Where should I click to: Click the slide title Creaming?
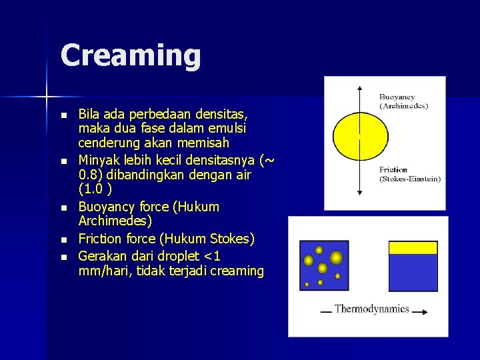[x=131, y=55]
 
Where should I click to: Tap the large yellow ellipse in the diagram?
[x=360, y=136]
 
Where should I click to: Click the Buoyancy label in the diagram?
[x=397, y=97]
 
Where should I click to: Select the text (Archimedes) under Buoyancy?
[x=403, y=105]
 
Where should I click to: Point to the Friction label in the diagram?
[x=393, y=170]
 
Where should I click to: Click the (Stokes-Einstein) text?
[x=409, y=179]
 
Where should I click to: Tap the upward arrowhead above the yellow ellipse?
[x=360, y=89]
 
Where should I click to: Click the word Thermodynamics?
[x=371, y=309]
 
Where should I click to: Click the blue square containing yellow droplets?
[x=324, y=265]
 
